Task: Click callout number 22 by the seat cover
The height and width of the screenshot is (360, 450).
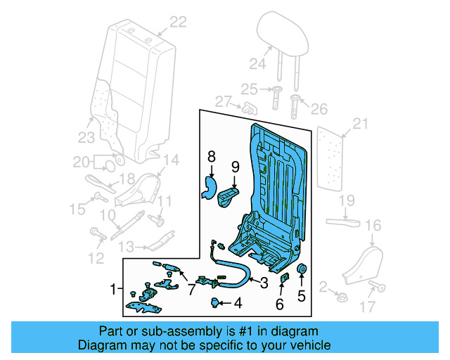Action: click(178, 22)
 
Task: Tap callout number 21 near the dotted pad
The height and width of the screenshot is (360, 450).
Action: click(360, 124)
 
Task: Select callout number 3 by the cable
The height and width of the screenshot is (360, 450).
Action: click(264, 283)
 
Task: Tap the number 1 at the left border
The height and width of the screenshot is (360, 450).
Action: click(113, 289)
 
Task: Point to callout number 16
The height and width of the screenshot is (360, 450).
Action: click(373, 225)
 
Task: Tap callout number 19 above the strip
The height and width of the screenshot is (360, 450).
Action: click(346, 201)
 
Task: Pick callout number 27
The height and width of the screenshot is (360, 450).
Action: click(224, 102)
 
